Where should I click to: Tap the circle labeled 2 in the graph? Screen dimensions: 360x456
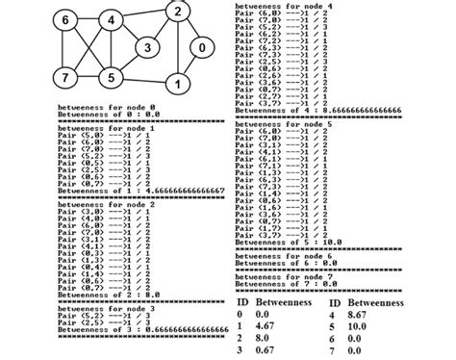point(177,13)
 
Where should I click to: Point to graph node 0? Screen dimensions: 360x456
point(200,47)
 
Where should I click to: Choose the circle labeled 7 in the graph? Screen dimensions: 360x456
point(65,76)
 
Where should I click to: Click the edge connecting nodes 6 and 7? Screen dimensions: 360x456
point(65,48)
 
